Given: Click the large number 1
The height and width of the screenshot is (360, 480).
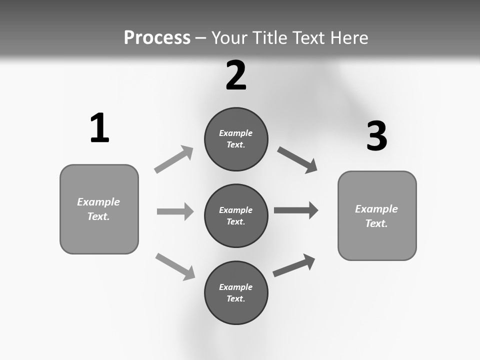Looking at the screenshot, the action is point(99,128).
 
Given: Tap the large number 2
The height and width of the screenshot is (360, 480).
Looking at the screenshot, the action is point(236,75).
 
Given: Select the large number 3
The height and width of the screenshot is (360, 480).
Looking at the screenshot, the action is point(376,136).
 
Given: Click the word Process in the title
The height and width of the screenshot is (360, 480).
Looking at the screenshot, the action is point(157,37).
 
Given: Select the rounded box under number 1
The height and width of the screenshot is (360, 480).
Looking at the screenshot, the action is point(99,209).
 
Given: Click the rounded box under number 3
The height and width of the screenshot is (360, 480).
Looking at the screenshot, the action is point(377,216).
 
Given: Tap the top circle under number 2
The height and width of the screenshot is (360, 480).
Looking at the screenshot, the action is point(236,139).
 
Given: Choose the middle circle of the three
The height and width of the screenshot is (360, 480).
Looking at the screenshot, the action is point(236,215).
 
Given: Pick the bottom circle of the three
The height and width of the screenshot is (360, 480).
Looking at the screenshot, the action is point(236,292).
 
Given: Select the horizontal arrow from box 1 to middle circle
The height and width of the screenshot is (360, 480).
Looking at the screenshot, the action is point(175,211).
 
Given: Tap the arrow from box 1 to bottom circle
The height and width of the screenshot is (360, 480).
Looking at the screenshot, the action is point(175,266).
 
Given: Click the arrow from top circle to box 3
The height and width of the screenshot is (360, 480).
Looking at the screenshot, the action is point(297,160).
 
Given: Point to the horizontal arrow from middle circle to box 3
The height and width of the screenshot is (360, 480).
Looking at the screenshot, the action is point(296,210).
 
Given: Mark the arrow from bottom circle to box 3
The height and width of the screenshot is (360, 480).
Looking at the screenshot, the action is point(294,265).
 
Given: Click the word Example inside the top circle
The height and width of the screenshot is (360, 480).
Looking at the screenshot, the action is point(236,133).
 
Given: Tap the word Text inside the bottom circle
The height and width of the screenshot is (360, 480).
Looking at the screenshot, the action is point(235,298).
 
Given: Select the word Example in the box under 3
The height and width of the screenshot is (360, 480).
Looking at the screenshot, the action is point(376,209).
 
